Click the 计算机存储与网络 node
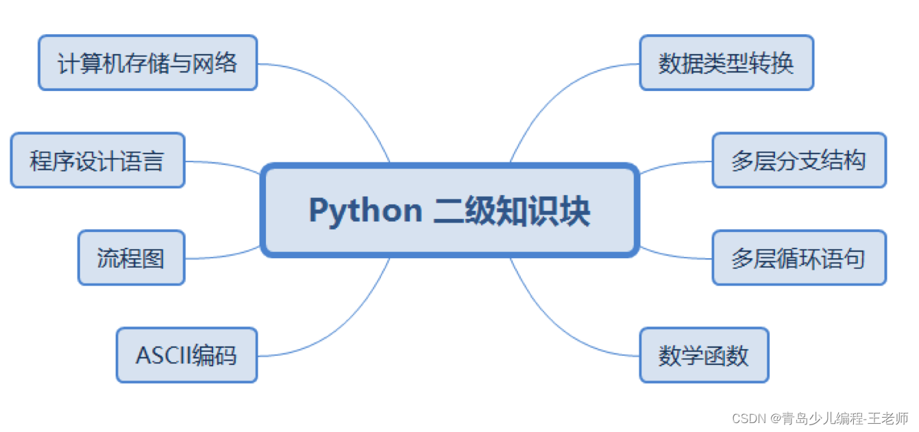(x=147, y=63)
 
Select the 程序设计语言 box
(x=97, y=160)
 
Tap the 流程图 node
(x=131, y=257)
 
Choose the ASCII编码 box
(x=186, y=355)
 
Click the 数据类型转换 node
(x=726, y=63)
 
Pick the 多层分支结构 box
(x=799, y=160)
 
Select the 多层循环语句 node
(x=799, y=257)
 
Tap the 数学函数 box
(x=704, y=355)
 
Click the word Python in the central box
(x=365, y=210)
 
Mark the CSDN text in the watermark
(x=748, y=418)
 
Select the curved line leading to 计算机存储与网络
(x=343, y=89)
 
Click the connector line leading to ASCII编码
(x=343, y=329)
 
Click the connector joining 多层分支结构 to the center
(x=675, y=164)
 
